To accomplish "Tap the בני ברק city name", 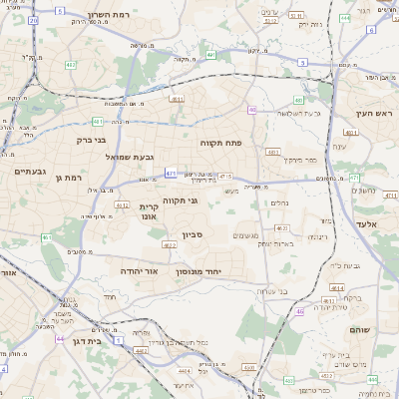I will (91, 141).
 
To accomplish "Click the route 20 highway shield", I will (34, 20).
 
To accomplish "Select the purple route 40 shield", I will (252, 110).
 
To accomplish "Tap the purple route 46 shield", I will (299, 311).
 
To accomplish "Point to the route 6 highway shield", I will (370, 30).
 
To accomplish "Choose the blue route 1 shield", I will (116, 339).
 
